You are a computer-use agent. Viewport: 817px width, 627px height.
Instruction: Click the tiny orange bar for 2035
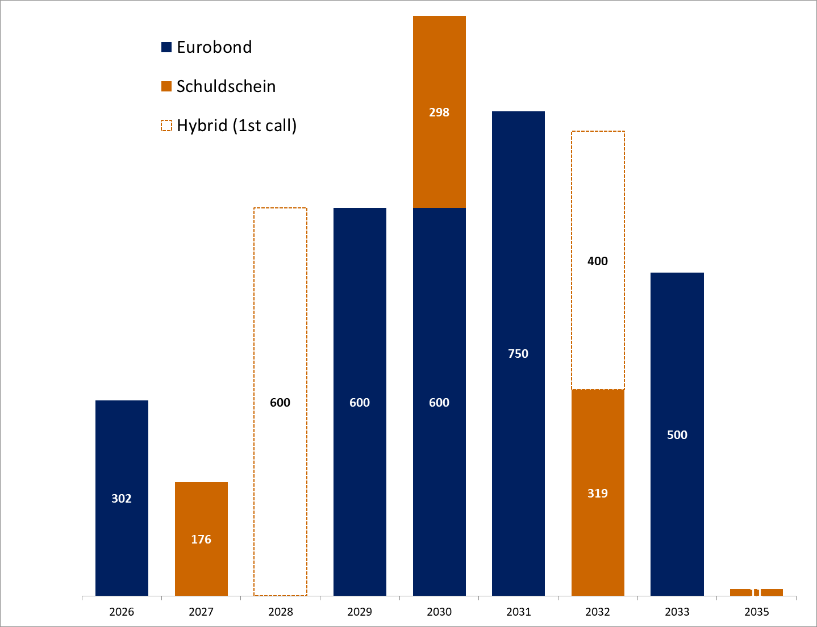756,592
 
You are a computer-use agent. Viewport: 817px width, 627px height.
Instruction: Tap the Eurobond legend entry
214,47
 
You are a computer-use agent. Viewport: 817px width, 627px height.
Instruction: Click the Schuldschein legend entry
226,86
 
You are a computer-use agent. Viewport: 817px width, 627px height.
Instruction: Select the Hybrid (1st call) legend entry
236,126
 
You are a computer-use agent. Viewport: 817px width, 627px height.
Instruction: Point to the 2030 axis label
439,612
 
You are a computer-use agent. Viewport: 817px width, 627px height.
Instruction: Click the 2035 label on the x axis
756,612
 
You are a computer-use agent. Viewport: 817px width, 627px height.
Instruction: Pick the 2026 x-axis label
122,612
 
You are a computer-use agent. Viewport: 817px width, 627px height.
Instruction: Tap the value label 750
518,354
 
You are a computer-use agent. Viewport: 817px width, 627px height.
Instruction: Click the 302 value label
122,499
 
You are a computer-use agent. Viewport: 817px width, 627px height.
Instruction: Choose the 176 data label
201,540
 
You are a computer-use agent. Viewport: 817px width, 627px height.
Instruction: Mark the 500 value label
677,435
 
